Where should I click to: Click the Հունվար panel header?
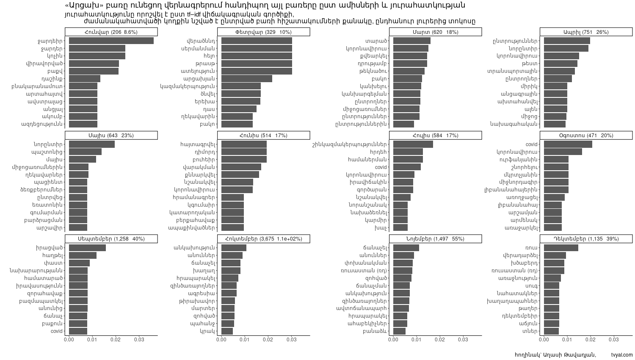click(x=111, y=32)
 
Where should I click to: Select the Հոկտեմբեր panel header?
click(x=263, y=239)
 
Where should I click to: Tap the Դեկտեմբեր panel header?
click(x=586, y=239)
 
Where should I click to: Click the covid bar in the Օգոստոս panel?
click(x=568, y=144)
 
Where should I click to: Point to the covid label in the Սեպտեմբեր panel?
click(x=57, y=331)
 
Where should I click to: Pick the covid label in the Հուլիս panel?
click(x=381, y=167)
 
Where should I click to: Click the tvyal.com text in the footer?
click(x=622, y=355)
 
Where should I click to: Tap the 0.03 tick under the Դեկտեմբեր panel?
click(x=613, y=340)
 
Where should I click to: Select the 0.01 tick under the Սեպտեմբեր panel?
click(x=92, y=340)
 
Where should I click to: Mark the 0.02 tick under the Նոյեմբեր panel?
click(x=440, y=340)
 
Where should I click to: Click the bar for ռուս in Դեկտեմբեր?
click(x=561, y=248)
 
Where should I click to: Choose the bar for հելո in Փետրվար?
click(x=257, y=56)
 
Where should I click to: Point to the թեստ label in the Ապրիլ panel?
click(x=530, y=64)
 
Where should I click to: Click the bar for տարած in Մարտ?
click(x=412, y=41)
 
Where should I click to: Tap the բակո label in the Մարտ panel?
click(x=379, y=79)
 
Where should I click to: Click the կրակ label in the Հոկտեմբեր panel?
click(x=207, y=331)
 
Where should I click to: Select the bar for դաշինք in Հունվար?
click(x=85, y=79)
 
